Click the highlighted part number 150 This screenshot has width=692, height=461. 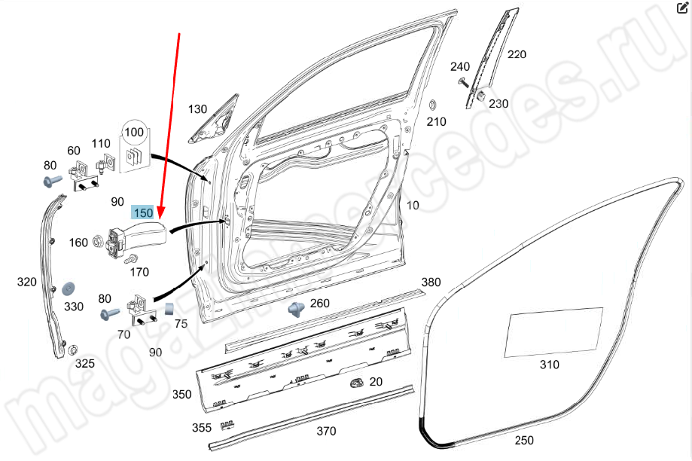(143, 213)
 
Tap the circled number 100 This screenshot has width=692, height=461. (134, 132)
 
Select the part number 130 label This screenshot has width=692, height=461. (197, 109)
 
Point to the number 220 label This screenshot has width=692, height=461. (517, 54)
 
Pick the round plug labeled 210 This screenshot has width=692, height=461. (433, 103)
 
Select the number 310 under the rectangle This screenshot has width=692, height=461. (550, 365)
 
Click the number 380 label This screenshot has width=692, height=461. (431, 282)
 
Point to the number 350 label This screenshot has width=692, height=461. (181, 394)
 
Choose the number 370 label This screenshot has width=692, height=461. (325, 431)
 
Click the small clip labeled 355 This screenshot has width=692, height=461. (225, 426)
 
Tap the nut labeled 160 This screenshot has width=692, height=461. (98, 242)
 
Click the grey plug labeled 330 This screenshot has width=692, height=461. (69, 289)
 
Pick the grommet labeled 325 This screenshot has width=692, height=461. (74, 350)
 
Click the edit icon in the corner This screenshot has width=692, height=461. (682, 9)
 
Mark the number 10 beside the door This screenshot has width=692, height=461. (413, 205)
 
